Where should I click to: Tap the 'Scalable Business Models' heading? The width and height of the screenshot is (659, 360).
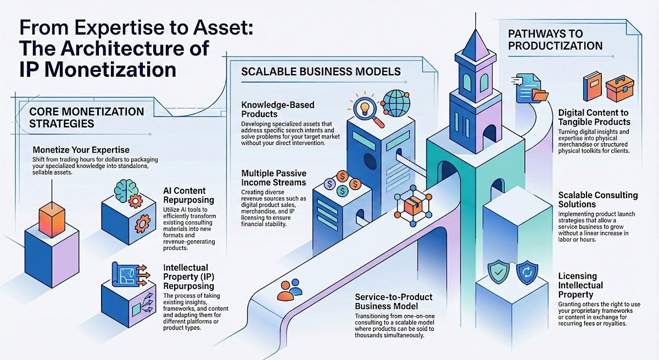point(321,72)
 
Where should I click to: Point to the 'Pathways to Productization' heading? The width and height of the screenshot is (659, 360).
point(555,39)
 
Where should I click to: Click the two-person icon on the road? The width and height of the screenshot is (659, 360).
point(289,290)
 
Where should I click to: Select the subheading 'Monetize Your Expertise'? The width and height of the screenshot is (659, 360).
point(81,149)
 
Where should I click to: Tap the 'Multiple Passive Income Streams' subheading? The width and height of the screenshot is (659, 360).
point(275,178)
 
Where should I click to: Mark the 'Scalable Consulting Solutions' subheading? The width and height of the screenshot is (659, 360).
point(597,200)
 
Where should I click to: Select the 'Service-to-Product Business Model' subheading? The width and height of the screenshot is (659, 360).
point(394,301)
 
